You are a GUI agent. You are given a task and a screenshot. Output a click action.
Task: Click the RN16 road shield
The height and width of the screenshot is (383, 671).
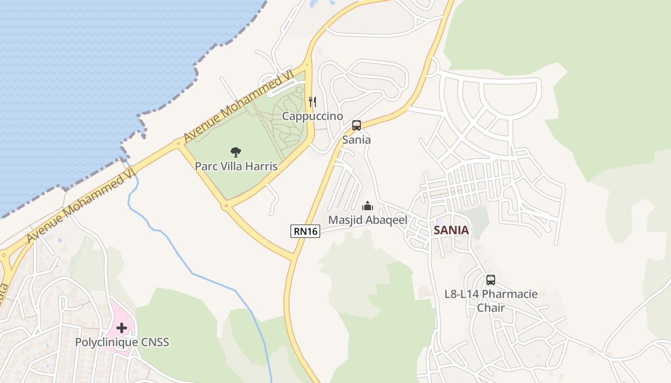(x=305, y=231)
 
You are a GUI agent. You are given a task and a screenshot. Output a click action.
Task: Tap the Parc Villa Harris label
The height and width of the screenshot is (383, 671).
(x=236, y=166)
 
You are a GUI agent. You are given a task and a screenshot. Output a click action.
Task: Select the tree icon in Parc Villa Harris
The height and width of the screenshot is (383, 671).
(x=235, y=152)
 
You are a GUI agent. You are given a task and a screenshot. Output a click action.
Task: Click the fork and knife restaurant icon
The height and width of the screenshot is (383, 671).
(x=312, y=101)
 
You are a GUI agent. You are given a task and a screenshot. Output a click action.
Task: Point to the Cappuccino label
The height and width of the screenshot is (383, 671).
(x=312, y=116)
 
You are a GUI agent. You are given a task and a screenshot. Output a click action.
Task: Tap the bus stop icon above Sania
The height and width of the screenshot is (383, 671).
(x=357, y=125)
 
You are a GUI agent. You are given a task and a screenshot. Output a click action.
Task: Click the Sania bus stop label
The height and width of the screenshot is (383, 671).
(x=357, y=140)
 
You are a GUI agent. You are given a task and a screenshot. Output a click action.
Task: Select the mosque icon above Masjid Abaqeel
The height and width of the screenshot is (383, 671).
(x=368, y=206)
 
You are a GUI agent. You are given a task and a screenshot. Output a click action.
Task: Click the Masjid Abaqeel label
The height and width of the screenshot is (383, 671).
(x=368, y=220)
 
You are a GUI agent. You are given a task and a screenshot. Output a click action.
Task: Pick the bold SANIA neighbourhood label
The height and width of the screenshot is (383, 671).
(x=451, y=230)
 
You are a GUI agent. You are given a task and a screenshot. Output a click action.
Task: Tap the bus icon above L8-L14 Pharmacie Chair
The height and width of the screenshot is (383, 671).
(x=491, y=280)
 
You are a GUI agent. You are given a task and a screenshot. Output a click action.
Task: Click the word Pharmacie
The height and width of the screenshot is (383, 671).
(x=510, y=294)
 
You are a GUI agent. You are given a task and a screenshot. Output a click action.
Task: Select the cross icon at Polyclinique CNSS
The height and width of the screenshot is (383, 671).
(x=122, y=328)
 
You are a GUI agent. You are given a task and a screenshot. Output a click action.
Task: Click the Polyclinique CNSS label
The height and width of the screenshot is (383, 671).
(x=122, y=342)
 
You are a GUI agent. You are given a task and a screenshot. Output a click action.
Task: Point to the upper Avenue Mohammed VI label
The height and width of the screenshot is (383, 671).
(x=238, y=106)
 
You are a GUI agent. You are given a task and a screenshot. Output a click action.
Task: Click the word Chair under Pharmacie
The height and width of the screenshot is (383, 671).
(x=491, y=307)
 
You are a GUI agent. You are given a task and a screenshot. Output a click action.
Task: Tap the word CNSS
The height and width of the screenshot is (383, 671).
(x=155, y=342)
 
